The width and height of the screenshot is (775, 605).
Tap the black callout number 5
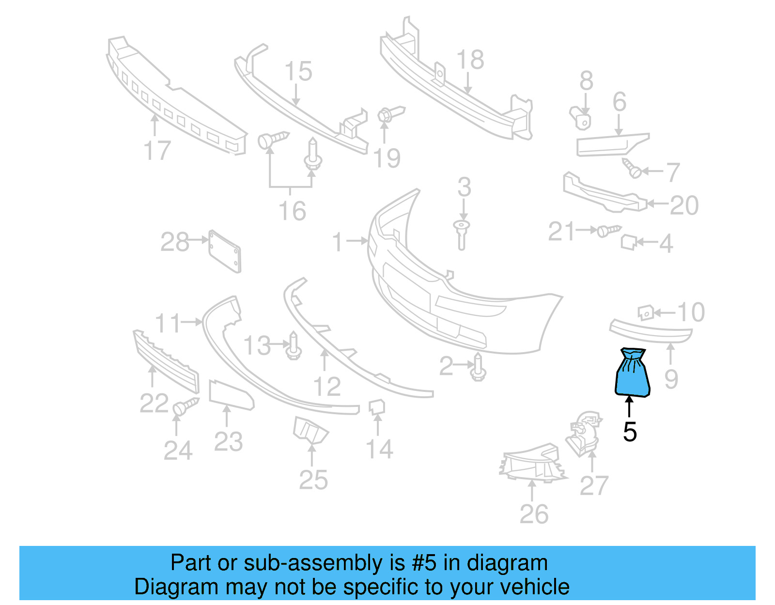click(x=629, y=432)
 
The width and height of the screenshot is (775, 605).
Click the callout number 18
click(x=470, y=60)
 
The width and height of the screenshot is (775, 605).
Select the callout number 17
click(x=157, y=151)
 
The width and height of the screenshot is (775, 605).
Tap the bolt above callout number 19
click(x=389, y=115)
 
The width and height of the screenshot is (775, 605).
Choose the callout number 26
click(x=534, y=514)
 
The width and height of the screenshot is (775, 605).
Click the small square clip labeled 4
click(x=628, y=242)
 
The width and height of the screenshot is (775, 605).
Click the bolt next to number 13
click(x=294, y=347)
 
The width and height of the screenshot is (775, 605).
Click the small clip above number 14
click(x=377, y=407)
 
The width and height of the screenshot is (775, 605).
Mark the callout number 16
click(x=292, y=211)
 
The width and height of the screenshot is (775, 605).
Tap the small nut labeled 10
click(x=646, y=312)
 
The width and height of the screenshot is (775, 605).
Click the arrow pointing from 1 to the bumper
click(x=358, y=241)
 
